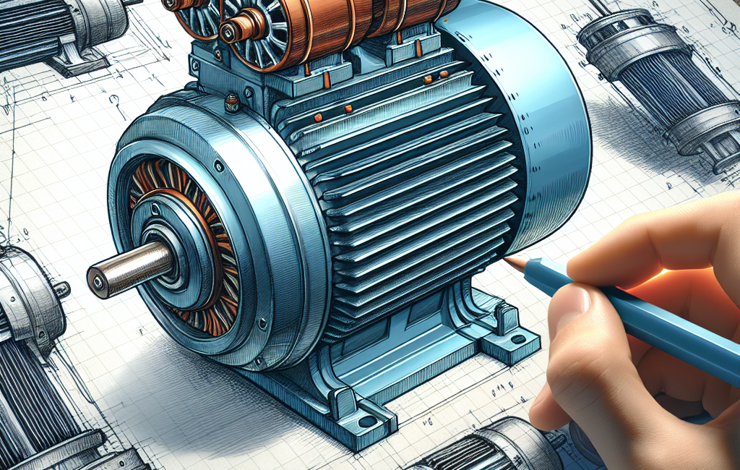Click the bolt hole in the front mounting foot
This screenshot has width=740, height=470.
[x=367, y=422]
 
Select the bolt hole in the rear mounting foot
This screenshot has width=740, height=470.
[x=517, y=338]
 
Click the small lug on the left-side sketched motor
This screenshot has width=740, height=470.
[x=62, y=290]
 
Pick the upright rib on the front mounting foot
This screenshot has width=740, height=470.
[x=340, y=401]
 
